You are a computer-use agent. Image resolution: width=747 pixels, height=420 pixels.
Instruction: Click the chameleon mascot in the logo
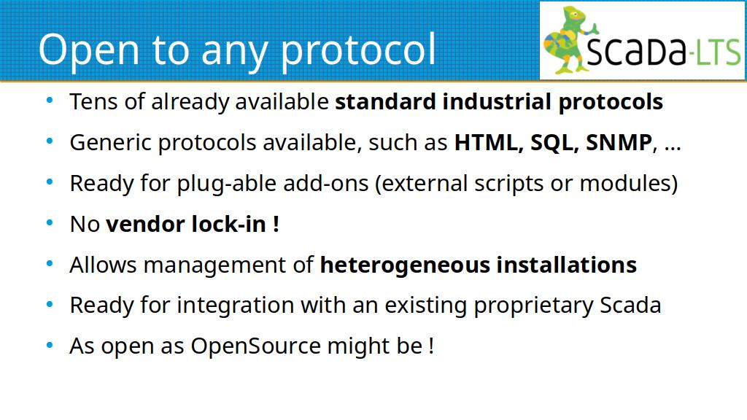click(569, 40)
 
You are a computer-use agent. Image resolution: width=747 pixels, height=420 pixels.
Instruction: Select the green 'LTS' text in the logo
click(717, 51)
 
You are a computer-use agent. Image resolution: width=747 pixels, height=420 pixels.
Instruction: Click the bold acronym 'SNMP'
click(619, 142)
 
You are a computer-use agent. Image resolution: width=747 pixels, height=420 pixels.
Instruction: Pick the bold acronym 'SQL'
click(554, 142)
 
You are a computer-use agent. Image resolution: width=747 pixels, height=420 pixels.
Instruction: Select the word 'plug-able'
click(227, 184)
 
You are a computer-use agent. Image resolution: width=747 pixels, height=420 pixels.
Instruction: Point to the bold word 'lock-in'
click(228, 224)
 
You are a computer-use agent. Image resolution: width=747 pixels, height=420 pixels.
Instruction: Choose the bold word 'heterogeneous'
click(405, 265)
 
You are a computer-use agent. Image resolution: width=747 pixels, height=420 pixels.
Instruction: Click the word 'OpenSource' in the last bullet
click(256, 346)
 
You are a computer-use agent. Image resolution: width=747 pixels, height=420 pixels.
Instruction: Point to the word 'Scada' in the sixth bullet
click(630, 306)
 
